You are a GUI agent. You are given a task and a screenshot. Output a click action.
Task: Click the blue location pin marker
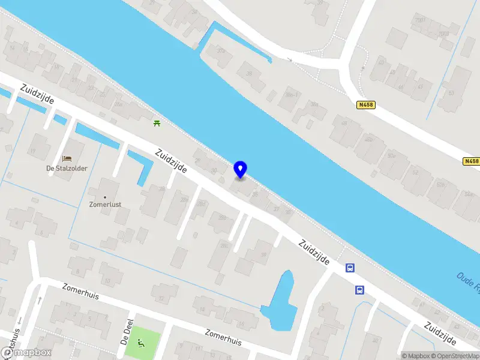click(240, 170)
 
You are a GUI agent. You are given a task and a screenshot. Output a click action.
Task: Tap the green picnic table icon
click(157, 122)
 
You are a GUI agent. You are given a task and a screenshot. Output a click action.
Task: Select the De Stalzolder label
click(67, 169)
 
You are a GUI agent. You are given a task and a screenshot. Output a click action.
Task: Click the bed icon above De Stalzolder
click(67, 159)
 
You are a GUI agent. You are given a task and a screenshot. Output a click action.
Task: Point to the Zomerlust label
click(106, 205)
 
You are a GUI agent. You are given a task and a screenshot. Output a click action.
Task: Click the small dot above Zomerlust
click(106, 197)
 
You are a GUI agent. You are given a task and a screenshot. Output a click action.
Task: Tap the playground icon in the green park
click(141, 343)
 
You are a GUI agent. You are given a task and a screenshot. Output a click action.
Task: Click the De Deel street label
click(126, 332)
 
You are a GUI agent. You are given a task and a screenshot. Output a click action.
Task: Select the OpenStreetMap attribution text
click(456, 356)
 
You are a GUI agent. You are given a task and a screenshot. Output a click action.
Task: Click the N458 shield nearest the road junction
click(365, 105)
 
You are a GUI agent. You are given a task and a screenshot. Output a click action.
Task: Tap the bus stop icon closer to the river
click(350, 268)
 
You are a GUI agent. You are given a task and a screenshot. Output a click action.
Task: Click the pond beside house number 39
click(279, 300)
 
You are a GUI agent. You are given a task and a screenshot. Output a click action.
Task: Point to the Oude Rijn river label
click(467, 282)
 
